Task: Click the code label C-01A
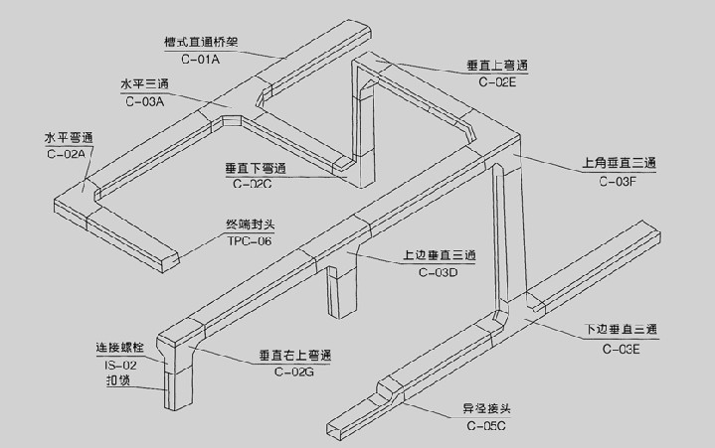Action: point(200,61)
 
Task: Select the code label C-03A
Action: point(145,100)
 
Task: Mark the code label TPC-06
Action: point(249,240)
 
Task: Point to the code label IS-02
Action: point(121,366)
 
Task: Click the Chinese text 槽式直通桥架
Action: point(202,44)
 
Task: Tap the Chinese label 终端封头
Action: point(249,224)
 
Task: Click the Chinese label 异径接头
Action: point(486,408)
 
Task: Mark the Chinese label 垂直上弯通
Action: point(497,67)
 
